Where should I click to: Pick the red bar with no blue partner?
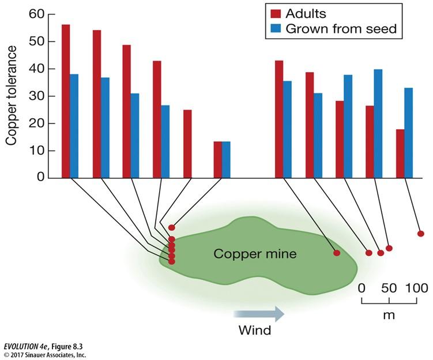pos(187,144)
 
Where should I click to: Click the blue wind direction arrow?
pos(259,314)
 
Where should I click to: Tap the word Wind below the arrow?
pos(255,331)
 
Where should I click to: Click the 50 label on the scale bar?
pos(389,288)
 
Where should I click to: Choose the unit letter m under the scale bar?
pos(389,316)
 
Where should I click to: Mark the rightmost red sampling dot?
pos(421,234)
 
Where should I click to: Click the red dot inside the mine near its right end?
pos(337,253)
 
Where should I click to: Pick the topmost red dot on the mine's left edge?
pos(171,227)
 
